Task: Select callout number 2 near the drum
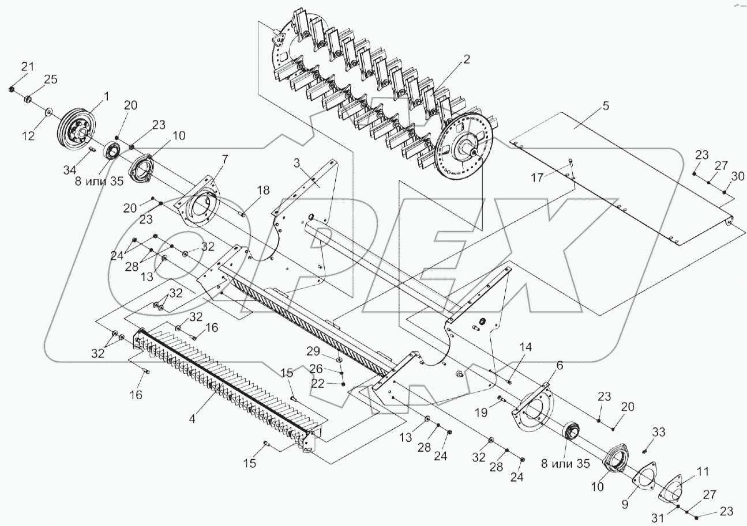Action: (x=466, y=59)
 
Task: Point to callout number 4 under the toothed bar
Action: (x=192, y=419)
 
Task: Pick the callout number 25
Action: (x=51, y=80)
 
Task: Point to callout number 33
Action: (x=659, y=432)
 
